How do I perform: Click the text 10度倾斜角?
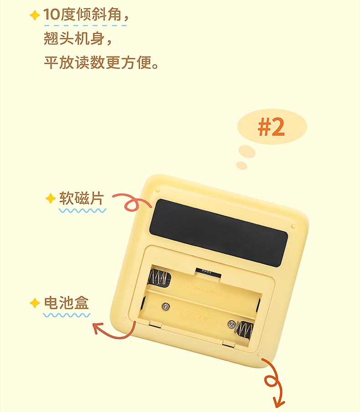(x=82, y=15)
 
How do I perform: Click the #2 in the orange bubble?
(x=271, y=127)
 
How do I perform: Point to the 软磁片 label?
(x=82, y=198)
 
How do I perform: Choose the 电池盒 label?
(x=67, y=303)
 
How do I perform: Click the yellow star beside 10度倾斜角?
(x=35, y=15)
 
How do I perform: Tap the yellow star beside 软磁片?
(x=51, y=198)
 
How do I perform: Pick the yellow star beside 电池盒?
(x=35, y=303)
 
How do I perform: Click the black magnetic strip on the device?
(x=219, y=233)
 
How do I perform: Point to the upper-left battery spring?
(x=158, y=277)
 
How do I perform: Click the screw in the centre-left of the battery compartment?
(x=165, y=306)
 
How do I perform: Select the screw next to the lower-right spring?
(x=231, y=324)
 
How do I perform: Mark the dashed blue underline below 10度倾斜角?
(x=85, y=26)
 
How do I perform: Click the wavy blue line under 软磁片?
(x=82, y=211)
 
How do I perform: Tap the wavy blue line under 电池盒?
(x=67, y=315)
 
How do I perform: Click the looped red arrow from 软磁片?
(x=131, y=201)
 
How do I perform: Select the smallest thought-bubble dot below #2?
(x=242, y=165)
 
